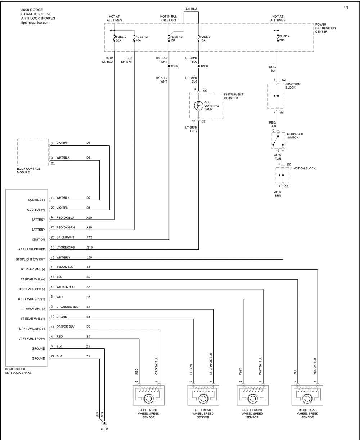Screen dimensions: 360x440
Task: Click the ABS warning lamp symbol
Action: point(198,106)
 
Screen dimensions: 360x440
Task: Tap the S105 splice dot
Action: point(169,66)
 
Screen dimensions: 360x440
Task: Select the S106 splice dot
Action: point(199,66)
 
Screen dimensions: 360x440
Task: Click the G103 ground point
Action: point(104,423)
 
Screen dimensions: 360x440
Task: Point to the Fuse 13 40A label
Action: point(141,39)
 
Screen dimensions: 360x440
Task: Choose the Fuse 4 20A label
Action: point(284,38)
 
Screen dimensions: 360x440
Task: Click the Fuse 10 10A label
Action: point(176,39)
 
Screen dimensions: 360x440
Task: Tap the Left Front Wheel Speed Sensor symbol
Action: point(149,395)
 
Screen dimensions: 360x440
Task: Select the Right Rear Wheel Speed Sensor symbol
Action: point(307,395)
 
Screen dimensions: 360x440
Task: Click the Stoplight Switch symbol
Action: point(278,141)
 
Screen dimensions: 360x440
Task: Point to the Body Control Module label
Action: point(28,170)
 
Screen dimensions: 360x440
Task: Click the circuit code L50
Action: point(89,257)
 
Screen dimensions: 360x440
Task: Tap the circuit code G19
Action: point(90,248)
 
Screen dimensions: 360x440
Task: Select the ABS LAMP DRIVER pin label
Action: point(31,249)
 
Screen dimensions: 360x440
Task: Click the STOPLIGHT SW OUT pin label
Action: point(31,259)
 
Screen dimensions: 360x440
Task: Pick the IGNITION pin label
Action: point(39,240)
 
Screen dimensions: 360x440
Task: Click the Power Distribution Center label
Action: point(325,28)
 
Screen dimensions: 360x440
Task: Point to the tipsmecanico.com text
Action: point(35,23)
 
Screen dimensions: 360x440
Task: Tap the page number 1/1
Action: point(346,8)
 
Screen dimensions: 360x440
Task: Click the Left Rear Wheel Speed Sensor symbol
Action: point(203,395)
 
